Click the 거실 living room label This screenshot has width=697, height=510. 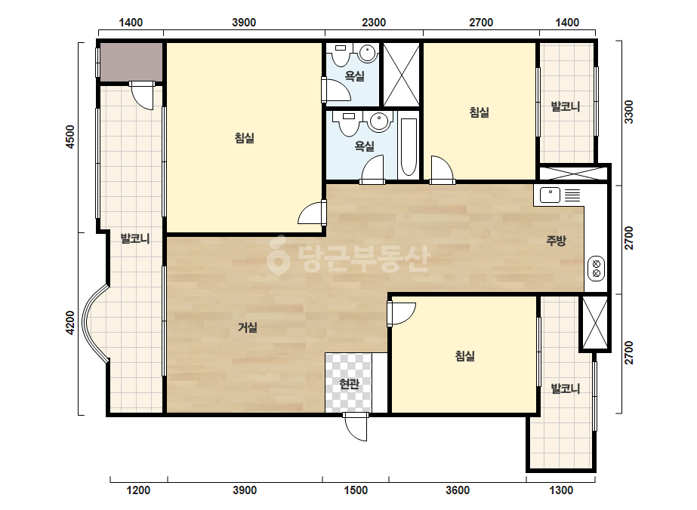[248, 328]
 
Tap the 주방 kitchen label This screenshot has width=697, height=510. [556, 241]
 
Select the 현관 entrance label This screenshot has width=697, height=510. [349, 384]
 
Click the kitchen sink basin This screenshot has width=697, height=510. [550, 195]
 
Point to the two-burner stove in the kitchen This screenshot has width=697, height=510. [596, 269]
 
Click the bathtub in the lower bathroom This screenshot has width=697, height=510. [409, 146]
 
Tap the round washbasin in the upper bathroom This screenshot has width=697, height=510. [368, 54]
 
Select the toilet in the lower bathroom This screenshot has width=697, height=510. [349, 123]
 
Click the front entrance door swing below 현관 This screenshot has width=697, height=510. [356, 427]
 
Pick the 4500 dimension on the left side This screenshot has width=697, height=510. [69, 137]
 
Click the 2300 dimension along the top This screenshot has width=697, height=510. [373, 22]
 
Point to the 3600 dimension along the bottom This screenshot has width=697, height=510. [458, 490]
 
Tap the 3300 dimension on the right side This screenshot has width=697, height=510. [629, 112]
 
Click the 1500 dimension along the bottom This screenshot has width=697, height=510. [356, 490]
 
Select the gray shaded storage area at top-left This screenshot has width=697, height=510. [131, 62]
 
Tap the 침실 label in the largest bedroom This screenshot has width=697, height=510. [245, 138]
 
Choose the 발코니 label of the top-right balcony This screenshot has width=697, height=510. [566, 106]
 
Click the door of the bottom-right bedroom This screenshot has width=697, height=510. [402, 314]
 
